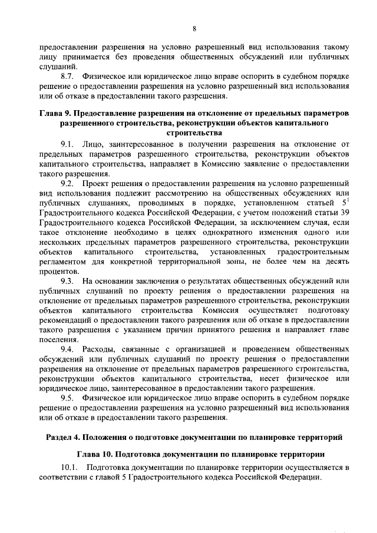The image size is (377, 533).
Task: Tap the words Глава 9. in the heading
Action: pos(57,112)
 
